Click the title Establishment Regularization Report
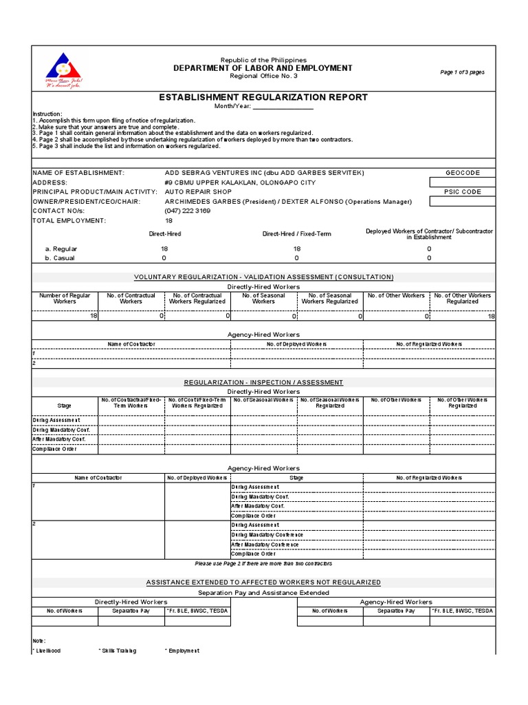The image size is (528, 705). (263, 98)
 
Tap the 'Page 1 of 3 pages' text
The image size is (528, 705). (462, 72)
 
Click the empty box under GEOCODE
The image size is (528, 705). (461, 182)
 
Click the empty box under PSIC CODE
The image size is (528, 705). (461, 202)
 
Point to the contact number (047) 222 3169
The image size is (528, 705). (188, 211)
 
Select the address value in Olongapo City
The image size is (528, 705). (240, 182)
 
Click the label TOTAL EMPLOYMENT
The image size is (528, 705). (69, 221)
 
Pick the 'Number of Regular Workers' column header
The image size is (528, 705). (65, 298)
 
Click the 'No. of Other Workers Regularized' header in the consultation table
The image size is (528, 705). (462, 298)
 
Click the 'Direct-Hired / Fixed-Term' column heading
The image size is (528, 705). (296, 234)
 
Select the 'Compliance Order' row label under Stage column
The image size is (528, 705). (55, 450)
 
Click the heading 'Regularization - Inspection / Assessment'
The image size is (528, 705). (263, 382)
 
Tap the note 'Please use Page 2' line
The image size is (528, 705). (263, 563)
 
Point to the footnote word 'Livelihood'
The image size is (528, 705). (47, 651)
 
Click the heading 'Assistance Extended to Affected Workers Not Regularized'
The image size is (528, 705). (263, 582)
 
